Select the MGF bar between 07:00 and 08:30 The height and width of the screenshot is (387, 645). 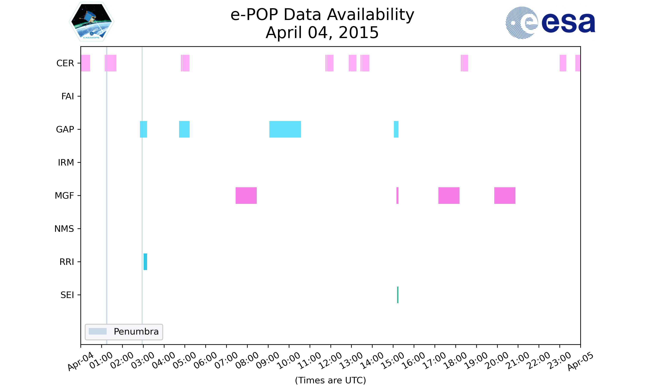(x=246, y=196)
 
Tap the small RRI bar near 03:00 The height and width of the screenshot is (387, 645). (x=145, y=262)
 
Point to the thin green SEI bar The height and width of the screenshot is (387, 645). (x=398, y=295)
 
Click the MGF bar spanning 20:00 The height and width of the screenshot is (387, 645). (x=505, y=196)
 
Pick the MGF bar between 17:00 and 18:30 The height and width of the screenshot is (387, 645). (x=449, y=196)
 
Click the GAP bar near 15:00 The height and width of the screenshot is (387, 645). (x=396, y=129)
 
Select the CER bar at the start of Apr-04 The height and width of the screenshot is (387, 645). (x=86, y=63)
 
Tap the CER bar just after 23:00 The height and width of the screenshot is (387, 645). (x=563, y=63)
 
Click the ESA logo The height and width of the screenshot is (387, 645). (x=550, y=23)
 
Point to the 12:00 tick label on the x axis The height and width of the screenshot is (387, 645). (x=330, y=360)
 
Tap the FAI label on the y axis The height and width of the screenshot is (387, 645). (x=68, y=96)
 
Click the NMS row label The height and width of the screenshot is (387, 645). (x=64, y=229)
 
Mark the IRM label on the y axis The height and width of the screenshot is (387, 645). (x=66, y=163)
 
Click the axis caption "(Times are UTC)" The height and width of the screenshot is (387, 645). (x=330, y=380)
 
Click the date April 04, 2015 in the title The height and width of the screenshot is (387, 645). (x=322, y=33)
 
